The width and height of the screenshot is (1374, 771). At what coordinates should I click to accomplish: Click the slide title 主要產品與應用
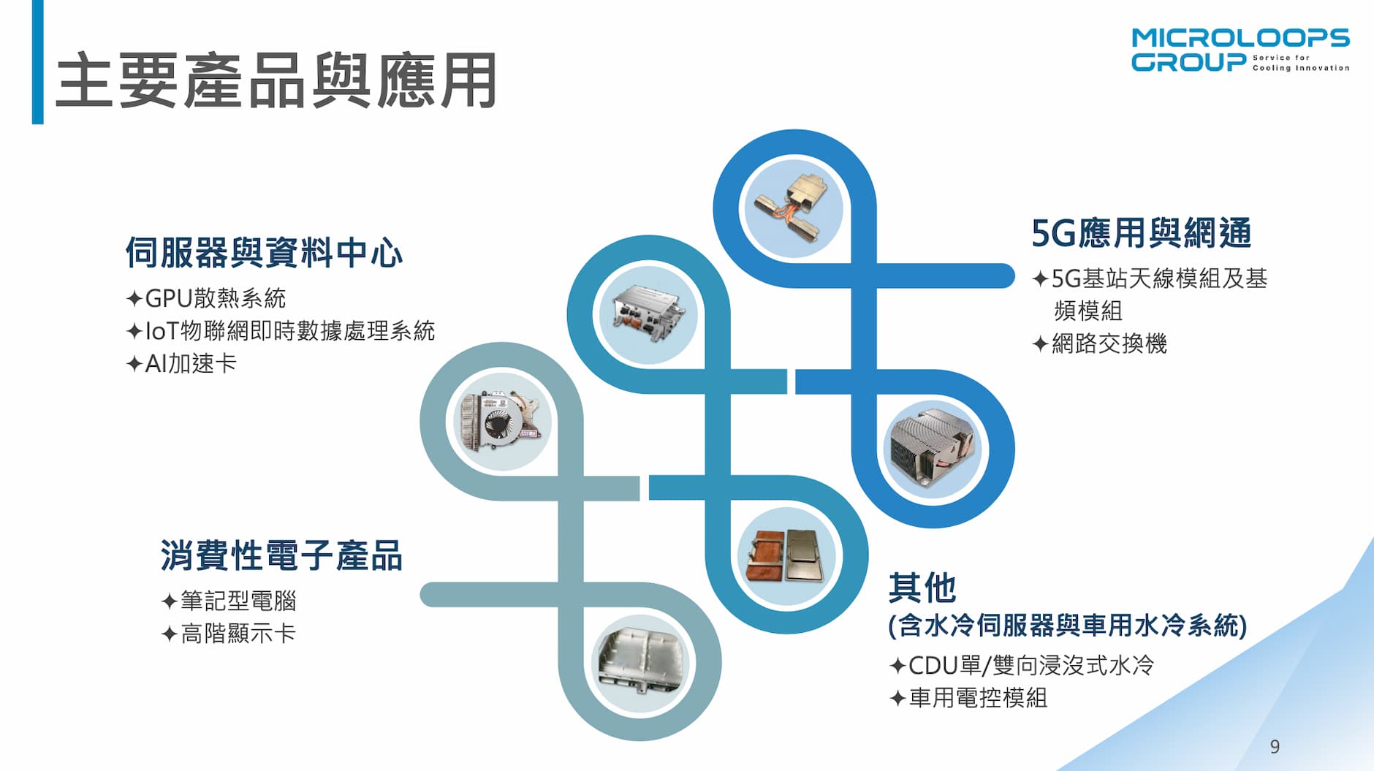click(276, 80)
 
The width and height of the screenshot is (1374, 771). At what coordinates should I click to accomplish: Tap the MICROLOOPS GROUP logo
click(1240, 50)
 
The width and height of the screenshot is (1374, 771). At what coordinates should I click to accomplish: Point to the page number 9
click(1275, 746)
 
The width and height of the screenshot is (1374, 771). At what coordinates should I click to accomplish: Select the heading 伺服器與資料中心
click(264, 253)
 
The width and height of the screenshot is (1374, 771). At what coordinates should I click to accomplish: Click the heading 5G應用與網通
click(1141, 233)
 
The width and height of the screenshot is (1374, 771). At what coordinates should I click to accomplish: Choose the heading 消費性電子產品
click(281, 555)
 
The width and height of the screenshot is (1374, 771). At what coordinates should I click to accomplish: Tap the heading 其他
click(922, 588)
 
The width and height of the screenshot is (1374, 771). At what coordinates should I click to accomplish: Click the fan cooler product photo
click(501, 422)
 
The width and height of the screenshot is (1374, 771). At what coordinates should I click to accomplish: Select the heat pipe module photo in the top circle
click(794, 208)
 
